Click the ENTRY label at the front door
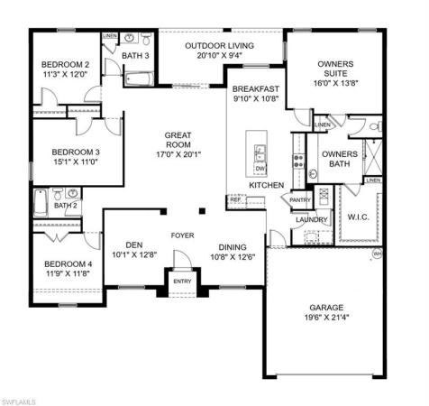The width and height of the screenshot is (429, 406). (183, 281)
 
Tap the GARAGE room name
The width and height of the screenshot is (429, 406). (325, 306)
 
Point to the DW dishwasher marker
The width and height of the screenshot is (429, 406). (260, 169)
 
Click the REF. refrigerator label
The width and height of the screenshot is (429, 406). (236, 200)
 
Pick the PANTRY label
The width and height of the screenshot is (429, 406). (300, 200)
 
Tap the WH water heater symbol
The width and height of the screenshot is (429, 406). (377, 254)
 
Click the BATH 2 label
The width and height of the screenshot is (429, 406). (66, 206)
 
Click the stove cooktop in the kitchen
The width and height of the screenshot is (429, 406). (297, 161)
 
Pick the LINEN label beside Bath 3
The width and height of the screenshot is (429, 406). (110, 37)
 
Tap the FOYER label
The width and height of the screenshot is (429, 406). (183, 235)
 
